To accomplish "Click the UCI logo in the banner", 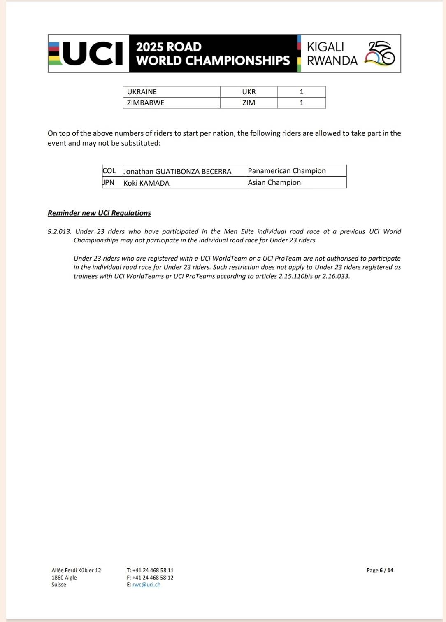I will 88,54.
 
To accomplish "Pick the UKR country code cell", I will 249,92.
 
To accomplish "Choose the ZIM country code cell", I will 249,103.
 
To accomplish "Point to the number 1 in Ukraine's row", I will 302,92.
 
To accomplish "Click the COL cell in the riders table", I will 109,171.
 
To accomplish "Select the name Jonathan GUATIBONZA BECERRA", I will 178,171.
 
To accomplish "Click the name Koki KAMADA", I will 147,183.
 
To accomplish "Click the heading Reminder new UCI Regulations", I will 99,213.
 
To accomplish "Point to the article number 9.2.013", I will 59,231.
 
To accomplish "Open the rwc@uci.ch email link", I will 146,585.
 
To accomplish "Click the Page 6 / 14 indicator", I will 380,570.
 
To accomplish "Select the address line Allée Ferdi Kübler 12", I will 76,570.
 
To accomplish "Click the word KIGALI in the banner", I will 325,47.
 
